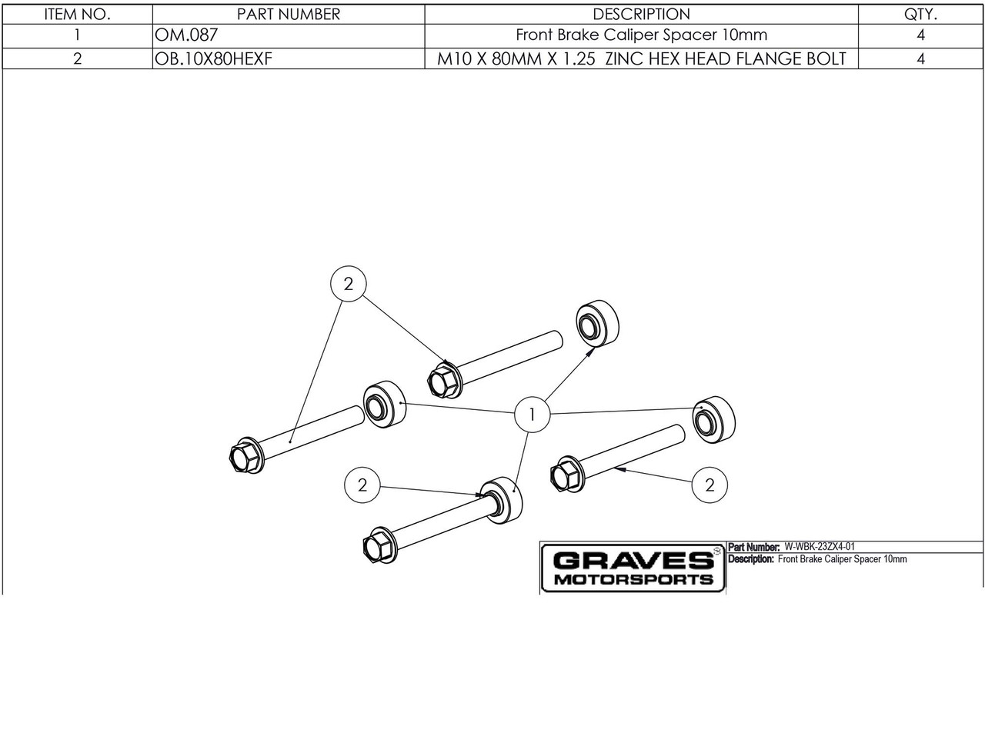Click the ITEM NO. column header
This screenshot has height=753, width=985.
77,15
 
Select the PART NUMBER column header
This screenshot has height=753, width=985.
289,15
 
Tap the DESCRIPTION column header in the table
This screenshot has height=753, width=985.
641,15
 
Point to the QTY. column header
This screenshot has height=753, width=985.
920,15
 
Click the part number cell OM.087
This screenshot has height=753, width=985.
186,35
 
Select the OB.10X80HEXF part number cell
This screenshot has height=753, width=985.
213,58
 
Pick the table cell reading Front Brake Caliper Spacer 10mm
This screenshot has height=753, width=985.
641,35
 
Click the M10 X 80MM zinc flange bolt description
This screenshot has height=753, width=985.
641,58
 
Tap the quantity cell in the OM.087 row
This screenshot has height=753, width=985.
920,35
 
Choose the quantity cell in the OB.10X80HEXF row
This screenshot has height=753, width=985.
920,58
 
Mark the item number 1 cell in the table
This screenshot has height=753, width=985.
77,35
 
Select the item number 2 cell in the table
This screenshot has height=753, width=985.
77,58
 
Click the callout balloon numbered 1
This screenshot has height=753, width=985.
532,414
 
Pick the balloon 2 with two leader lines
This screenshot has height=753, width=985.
349,284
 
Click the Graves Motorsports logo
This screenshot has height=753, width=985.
633,568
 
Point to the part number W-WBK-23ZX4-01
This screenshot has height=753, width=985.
820,547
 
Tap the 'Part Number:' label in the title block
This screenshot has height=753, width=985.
754,547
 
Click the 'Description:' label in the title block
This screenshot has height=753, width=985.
751,559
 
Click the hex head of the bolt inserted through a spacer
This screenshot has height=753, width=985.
376,548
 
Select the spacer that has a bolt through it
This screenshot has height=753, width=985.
501,501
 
